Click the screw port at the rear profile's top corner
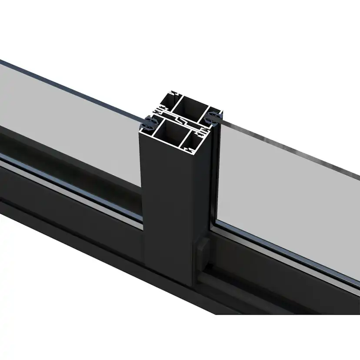pyautogui.click(x=174, y=93)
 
